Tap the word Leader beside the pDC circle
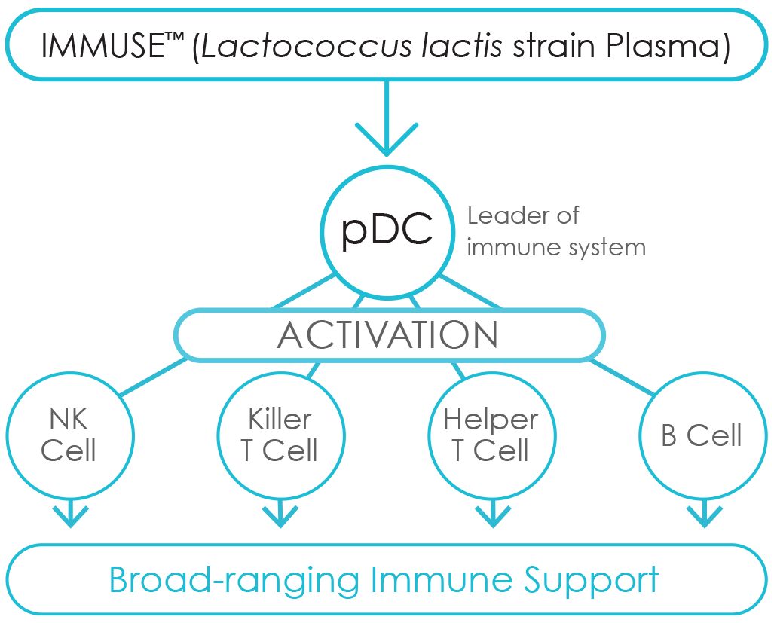click(503, 216)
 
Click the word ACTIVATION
click(388, 335)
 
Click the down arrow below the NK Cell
click(71, 514)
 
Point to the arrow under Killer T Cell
click(280, 514)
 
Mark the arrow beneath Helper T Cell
click(493, 514)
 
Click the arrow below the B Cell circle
click(705, 514)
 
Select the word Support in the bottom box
click(592, 581)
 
